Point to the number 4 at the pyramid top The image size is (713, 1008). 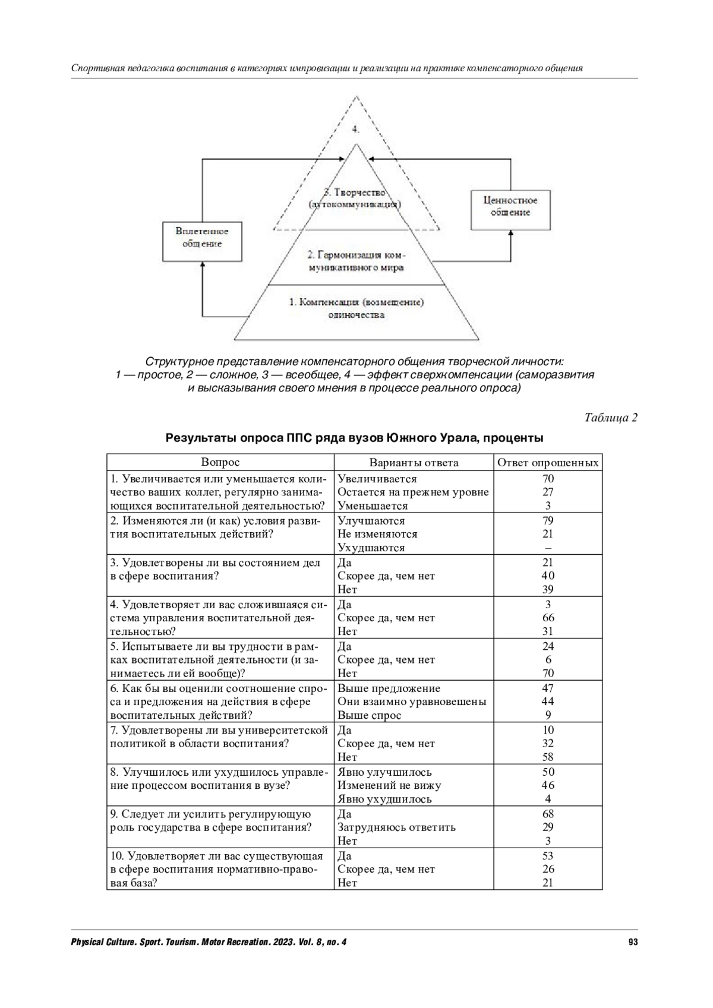[355, 129]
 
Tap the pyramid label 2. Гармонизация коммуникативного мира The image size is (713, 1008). [355, 261]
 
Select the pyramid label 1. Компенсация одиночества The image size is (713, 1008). [356, 308]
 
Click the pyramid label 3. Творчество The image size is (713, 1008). [355, 198]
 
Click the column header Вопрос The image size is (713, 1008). [220, 462]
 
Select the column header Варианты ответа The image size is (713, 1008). [414, 463]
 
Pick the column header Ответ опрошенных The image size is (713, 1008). [548, 463]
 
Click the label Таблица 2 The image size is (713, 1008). [611, 418]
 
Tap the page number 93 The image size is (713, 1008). [633, 942]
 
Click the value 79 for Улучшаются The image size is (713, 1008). [548, 520]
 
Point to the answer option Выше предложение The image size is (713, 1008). [389, 688]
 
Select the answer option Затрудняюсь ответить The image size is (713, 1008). [396, 827]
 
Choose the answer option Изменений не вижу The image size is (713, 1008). [389, 785]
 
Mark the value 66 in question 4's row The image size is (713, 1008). [548, 618]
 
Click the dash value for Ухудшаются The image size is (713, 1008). [548, 548]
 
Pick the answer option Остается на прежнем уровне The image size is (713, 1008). [413, 492]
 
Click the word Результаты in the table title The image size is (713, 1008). [201, 439]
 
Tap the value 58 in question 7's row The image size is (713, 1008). [548, 757]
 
